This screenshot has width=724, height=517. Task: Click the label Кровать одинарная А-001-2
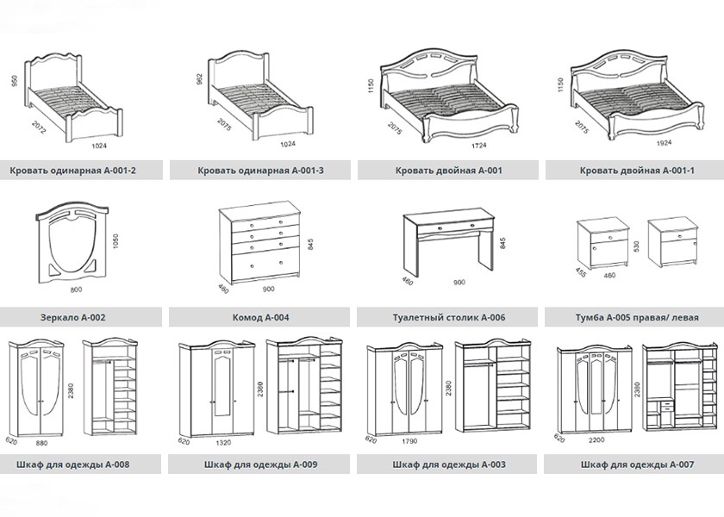73,171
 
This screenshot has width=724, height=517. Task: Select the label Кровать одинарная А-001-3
260,171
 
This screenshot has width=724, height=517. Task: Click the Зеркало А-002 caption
73,317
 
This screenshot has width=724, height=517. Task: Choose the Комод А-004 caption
260,317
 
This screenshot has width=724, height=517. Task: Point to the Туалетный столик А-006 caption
446,317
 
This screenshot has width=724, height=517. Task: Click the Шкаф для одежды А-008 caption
73,464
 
